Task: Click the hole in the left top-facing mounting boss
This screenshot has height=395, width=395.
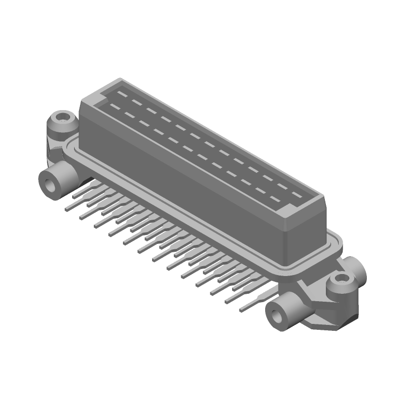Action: [62, 118]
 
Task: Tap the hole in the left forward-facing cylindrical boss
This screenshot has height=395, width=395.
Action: [50, 185]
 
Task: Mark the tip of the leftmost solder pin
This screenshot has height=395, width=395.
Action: [68, 209]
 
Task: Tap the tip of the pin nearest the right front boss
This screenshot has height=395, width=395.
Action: [242, 310]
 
